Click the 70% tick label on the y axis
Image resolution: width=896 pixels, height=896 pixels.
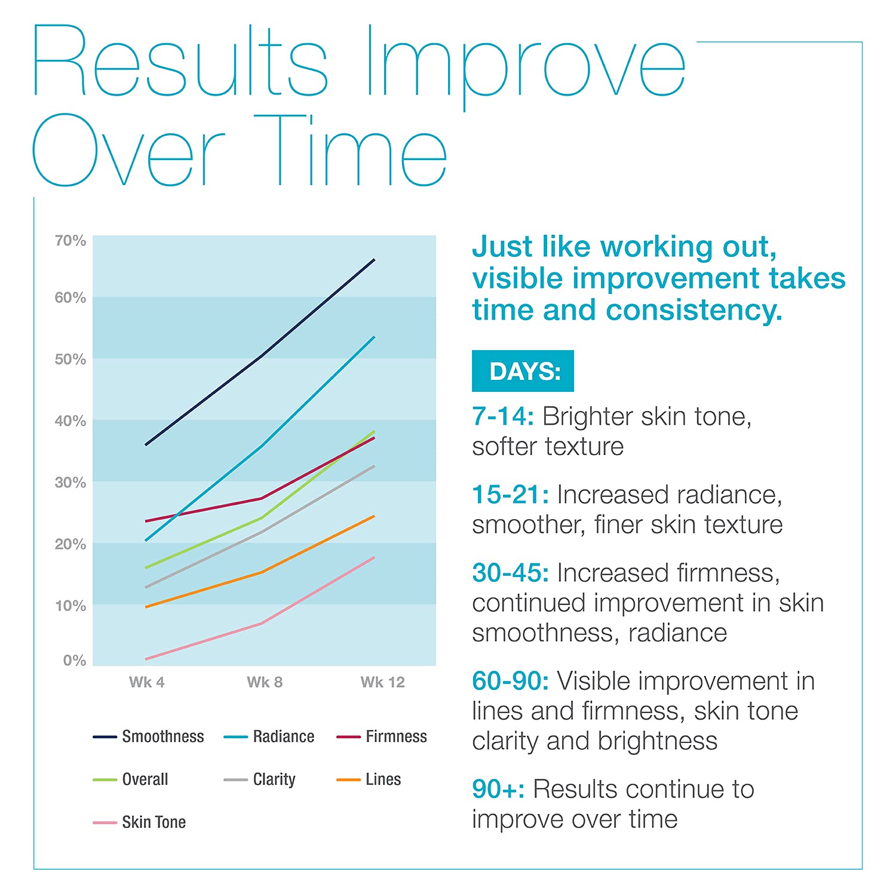coord(70,241)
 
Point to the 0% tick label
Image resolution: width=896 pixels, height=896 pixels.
coord(75,661)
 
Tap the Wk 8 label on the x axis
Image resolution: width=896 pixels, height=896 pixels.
coord(265,682)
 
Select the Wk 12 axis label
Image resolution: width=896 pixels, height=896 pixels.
coord(383,682)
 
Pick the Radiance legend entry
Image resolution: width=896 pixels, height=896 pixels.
coord(269,737)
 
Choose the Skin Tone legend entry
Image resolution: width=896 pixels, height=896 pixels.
coord(139,823)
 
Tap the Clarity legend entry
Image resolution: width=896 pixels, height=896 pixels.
coord(259,780)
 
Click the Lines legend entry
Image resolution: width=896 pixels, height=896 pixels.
coord(369,780)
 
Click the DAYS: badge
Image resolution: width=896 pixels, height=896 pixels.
coord(523,371)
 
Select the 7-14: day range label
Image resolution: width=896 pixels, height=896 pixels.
coord(503,416)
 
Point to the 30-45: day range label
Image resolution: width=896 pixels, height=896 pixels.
coord(510,573)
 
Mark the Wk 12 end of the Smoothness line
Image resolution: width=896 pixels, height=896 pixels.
coord(375,259)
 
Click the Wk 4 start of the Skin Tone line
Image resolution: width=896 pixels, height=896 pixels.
coord(146,659)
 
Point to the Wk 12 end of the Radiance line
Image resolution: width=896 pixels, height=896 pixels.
coord(375,337)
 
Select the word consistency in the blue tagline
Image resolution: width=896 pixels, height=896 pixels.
coord(694,311)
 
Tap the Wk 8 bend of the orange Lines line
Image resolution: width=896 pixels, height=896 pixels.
coord(262,572)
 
